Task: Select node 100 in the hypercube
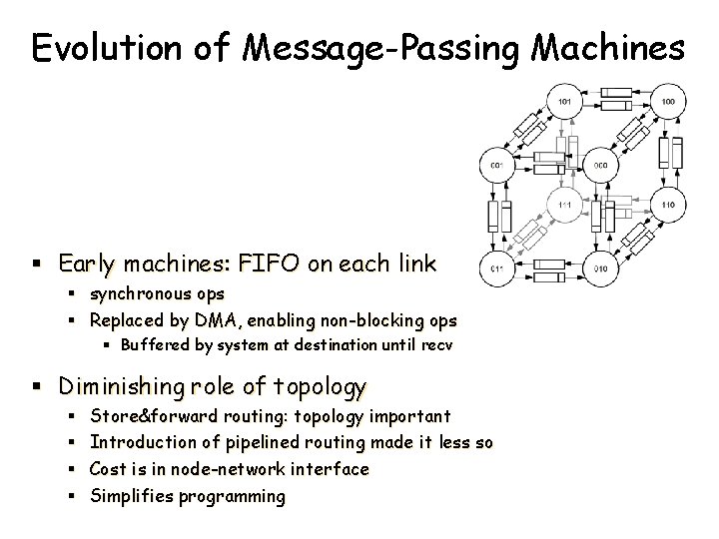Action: point(668,101)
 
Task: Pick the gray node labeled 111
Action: point(565,205)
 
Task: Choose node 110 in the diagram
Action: point(668,205)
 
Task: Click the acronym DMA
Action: point(226,321)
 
